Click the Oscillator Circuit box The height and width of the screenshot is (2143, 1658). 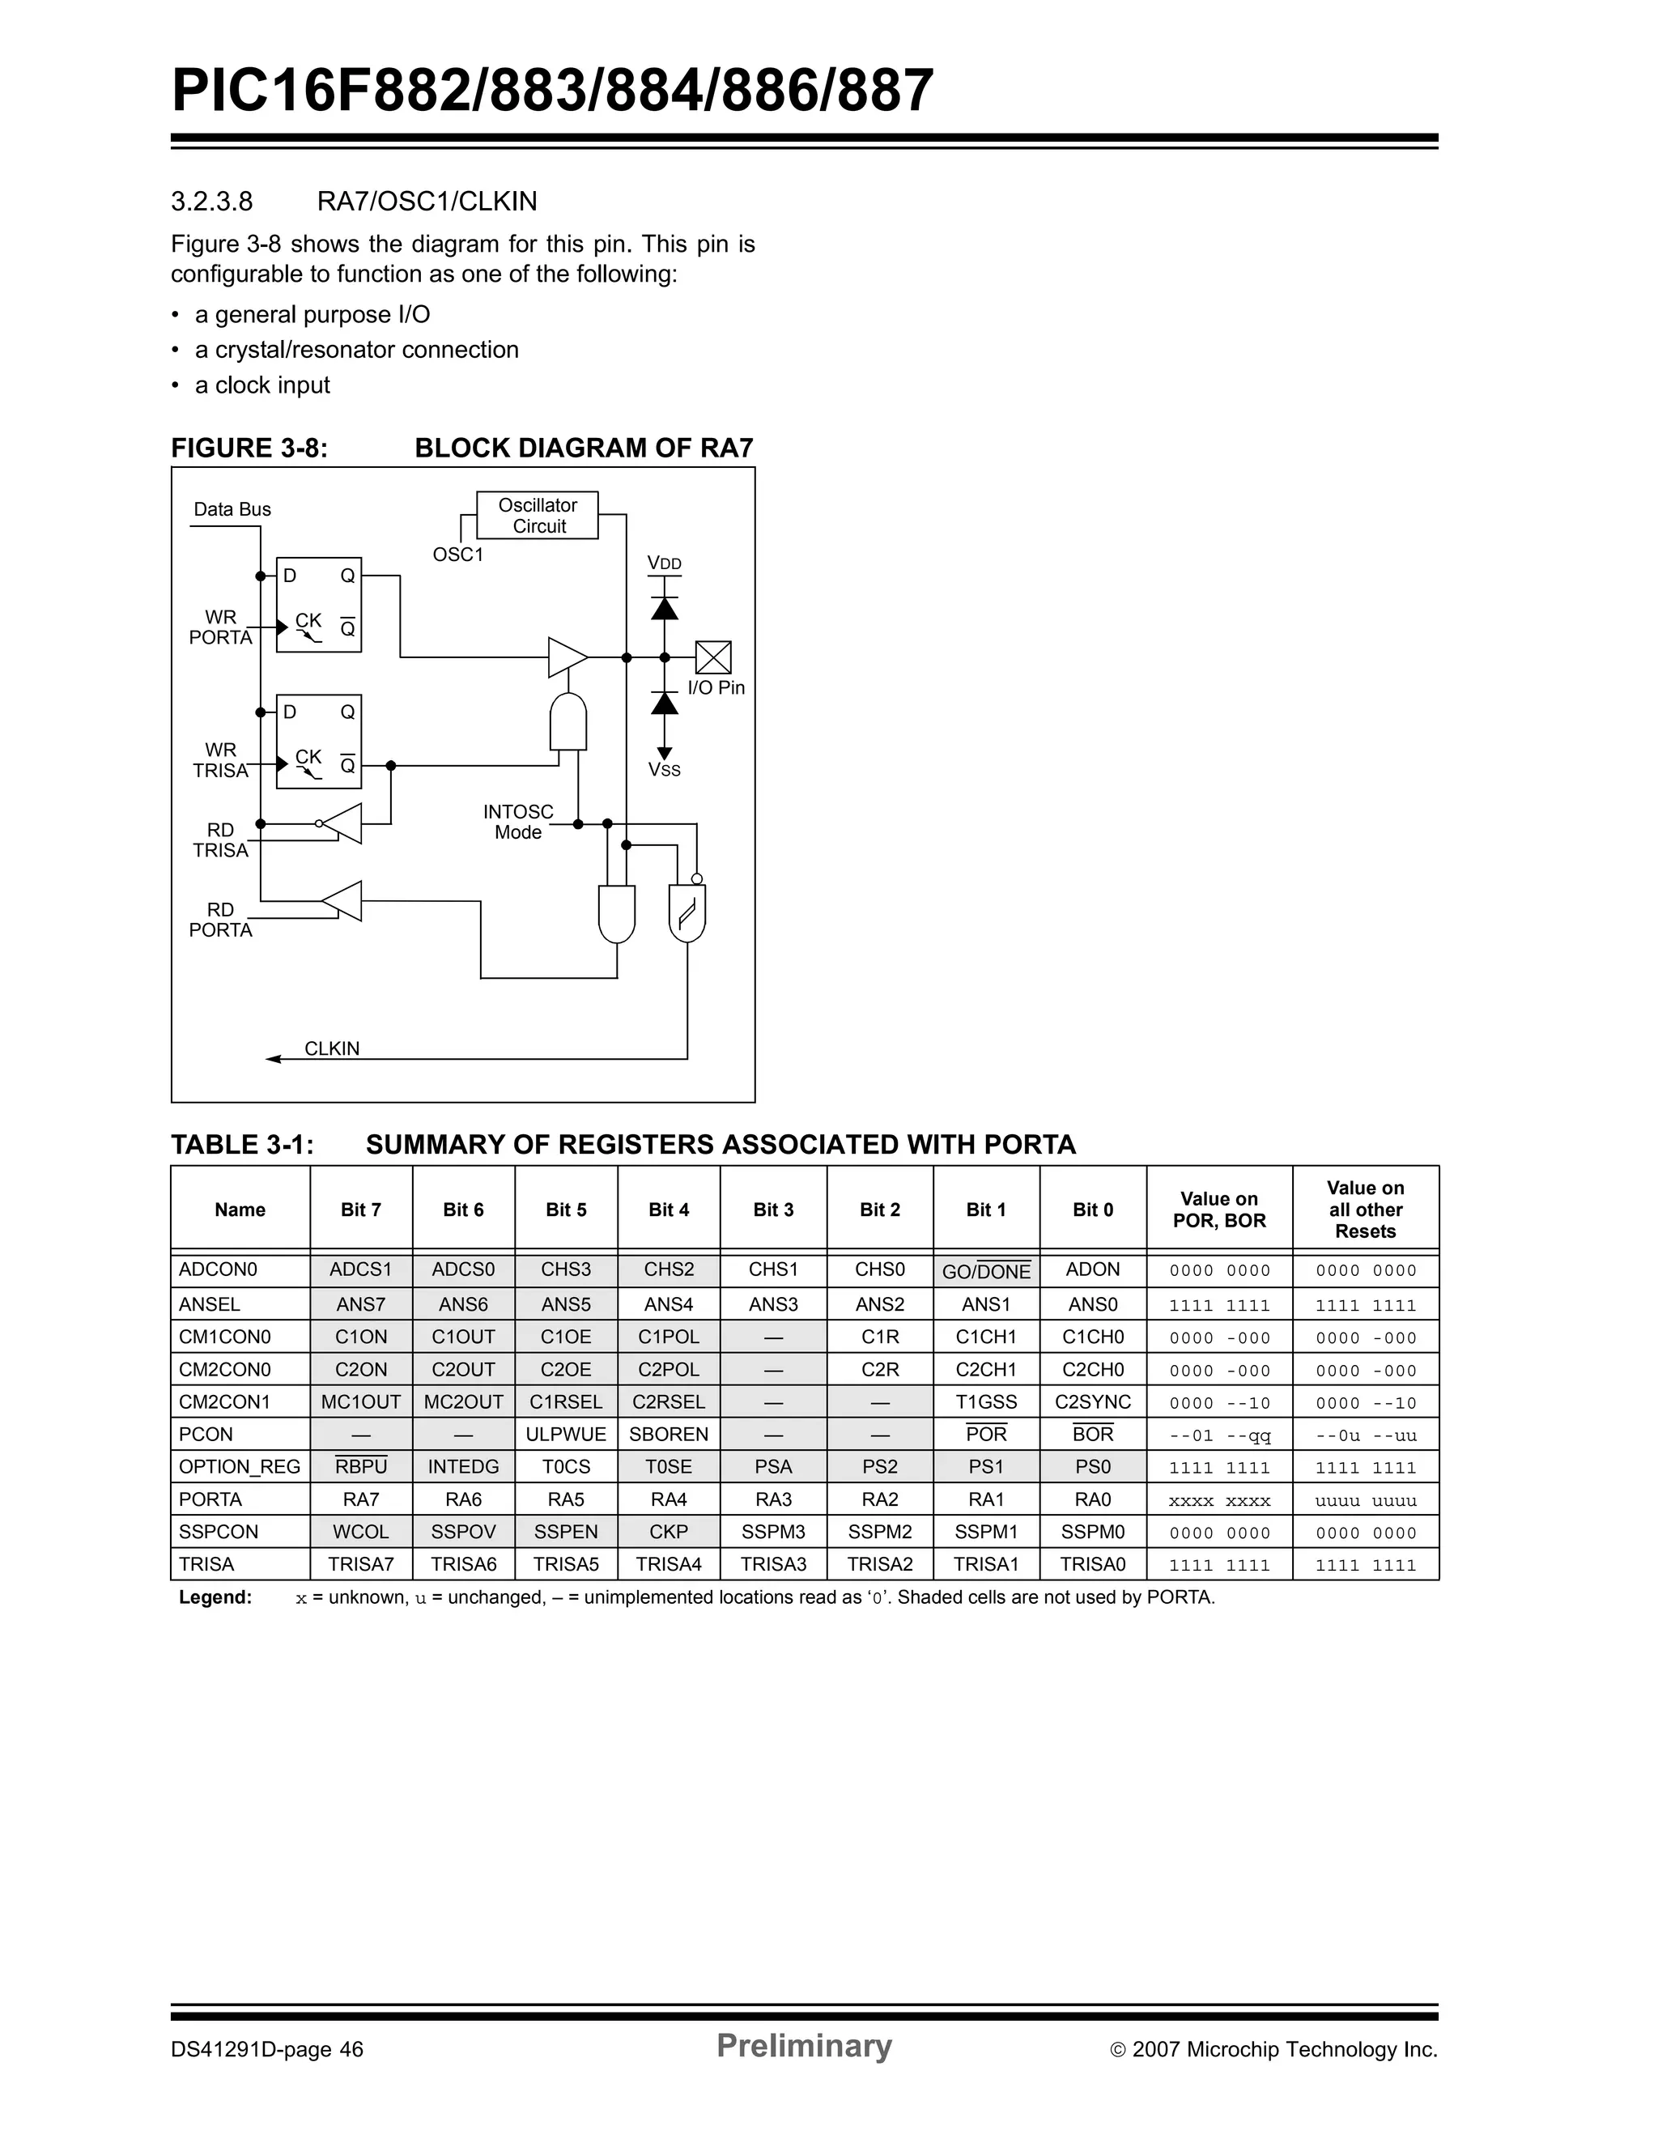[x=537, y=515]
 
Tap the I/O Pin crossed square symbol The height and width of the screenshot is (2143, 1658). [x=713, y=657]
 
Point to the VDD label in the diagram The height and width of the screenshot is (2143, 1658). [x=664, y=563]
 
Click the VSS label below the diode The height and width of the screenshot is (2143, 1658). [x=664, y=770]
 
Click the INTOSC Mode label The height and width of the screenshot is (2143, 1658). [x=518, y=823]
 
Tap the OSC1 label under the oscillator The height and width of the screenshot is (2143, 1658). [x=458, y=555]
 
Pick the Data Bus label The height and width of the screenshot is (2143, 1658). [x=232, y=509]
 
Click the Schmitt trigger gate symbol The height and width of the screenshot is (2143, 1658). [x=687, y=913]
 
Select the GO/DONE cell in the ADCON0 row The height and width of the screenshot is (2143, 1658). [x=986, y=1271]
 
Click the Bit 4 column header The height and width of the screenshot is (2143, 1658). [x=669, y=1210]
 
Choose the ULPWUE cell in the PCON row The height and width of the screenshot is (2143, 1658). [x=566, y=1434]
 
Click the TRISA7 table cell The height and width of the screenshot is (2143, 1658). [x=361, y=1564]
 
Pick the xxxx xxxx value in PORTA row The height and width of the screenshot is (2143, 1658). [x=1219, y=1500]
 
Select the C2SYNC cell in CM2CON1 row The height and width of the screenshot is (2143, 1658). [x=1093, y=1401]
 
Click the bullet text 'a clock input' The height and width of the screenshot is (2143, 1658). [x=262, y=385]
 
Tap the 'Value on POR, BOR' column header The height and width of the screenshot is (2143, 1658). [x=1219, y=1210]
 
